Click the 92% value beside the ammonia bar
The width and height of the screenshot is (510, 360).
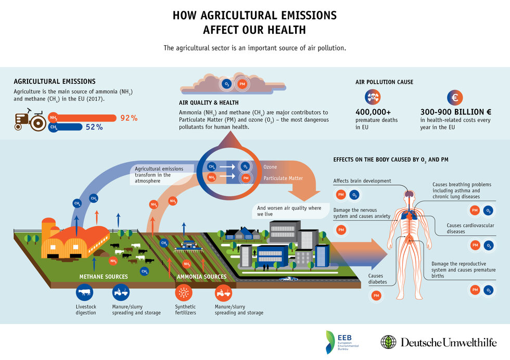(129, 118)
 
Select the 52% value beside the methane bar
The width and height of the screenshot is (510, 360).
(94, 127)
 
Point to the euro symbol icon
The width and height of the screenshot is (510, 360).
(454, 97)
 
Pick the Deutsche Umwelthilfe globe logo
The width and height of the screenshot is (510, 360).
(388, 342)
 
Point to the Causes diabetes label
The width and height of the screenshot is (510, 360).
(378, 279)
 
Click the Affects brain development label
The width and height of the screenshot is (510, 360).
(362, 181)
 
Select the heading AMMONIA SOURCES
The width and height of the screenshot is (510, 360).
(201, 277)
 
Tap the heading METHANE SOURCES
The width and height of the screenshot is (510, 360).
(104, 277)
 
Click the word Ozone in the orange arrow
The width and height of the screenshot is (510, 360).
(270, 167)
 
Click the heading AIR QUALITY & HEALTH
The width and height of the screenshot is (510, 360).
(209, 103)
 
